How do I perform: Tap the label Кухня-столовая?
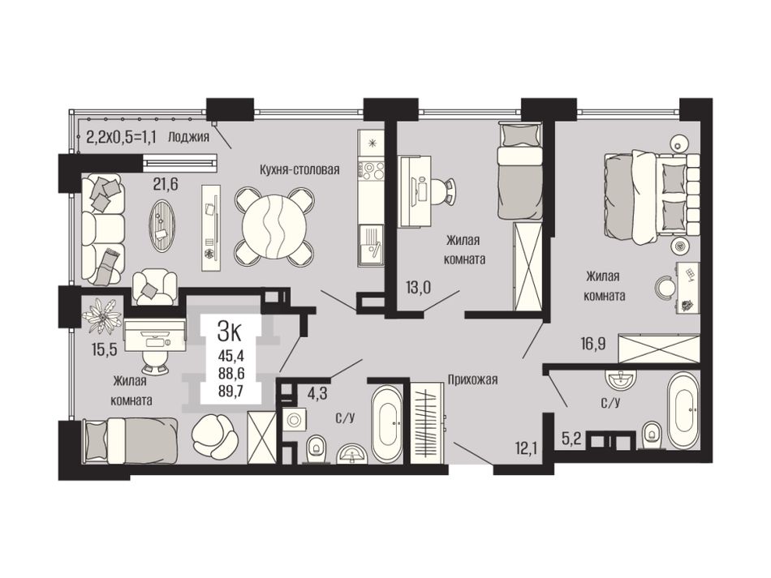pos(299,170)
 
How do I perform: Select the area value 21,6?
pos(166,184)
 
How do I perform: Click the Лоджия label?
pos(189,137)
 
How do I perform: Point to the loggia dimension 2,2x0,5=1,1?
pos(121,136)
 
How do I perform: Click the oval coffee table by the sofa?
pos(163,225)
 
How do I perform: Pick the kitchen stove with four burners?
pos(371,171)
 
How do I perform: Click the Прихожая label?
pos(472,379)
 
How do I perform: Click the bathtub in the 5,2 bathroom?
pos(682,409)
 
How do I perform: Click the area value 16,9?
pos(592,343)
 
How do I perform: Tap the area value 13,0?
pos(418,287)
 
